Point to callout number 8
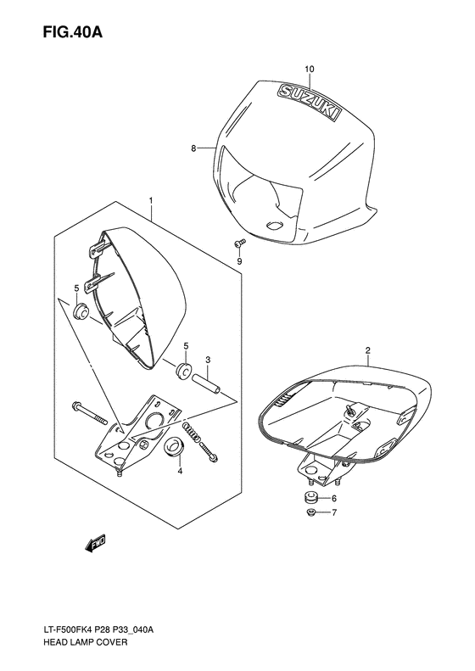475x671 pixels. pos(193,148)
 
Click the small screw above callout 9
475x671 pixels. pos(238,244)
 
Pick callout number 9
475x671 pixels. pos(240,261)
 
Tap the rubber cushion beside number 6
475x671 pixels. pos(310,497)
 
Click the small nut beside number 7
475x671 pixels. pos(310,513)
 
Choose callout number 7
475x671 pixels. pos(333,513)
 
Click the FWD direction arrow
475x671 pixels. pos(95,543)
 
